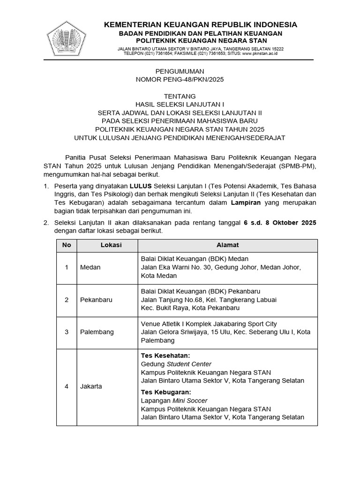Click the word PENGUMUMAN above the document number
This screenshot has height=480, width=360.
(x=180, y=71)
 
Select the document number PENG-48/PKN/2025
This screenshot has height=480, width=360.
(x=180, y=80)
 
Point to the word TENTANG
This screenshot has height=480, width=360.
(x=180, y=96)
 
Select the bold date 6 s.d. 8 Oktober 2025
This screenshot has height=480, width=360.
(x=280, y=223)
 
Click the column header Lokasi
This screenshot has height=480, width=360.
(x=111, y=245)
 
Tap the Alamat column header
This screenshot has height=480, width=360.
(x=227, y=245)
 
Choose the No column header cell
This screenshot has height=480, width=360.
(x=67, y=245)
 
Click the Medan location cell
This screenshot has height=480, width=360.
(x=90, y=267)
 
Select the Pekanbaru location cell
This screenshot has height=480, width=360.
(x=96, y=300)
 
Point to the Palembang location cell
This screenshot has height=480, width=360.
(x=97, y=332)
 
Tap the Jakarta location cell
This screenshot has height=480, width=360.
(x=91, y=387)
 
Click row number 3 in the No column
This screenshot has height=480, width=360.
(x=67, y=332)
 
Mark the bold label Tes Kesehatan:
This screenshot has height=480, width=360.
(x=165, y=356)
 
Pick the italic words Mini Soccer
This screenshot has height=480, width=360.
(x=190, y=400)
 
